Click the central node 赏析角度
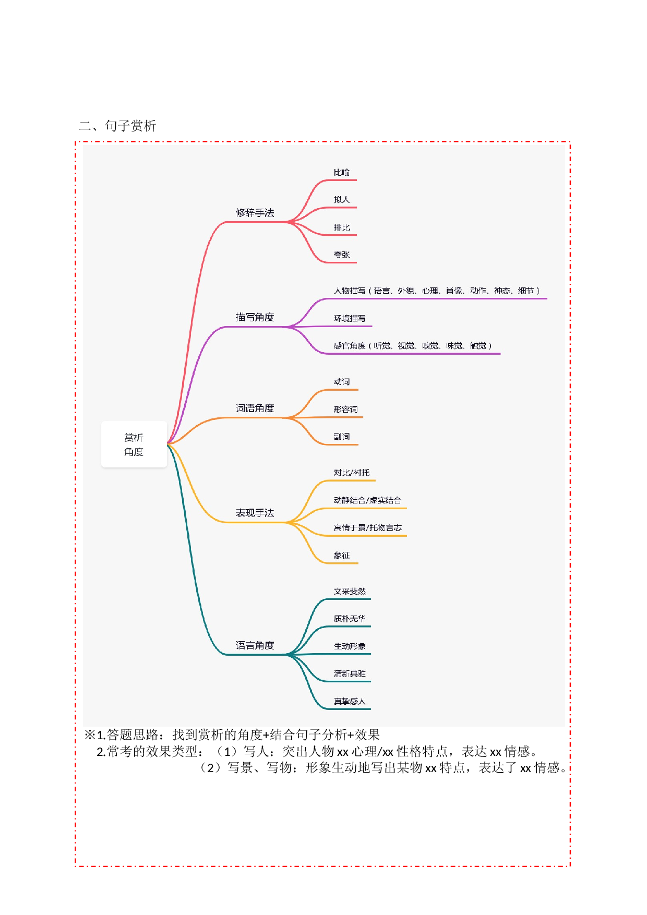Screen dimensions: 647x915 [x=134, y=444]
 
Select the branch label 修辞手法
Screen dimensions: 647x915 [x=255, y=213]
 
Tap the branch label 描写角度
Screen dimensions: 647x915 [x=255, y=317]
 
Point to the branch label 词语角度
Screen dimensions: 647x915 [x=255, y=408]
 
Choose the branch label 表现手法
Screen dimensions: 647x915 [x=255, y=513]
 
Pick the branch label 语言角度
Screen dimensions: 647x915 [x=255, y=646]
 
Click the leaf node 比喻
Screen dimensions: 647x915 [x=342, y=173]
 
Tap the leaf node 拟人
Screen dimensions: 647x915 [x=342, y=200]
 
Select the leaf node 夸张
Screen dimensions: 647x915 [x=342, y=255]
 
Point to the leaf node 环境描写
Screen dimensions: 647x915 [x=350, y=319]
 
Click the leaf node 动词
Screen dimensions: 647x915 [x=342, y=382]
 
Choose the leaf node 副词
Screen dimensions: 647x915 [x=342, y=437]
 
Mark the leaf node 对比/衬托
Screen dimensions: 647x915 [x=352, y=473]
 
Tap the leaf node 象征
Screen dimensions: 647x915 [x=342, y=556]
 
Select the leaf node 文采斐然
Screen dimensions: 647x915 [x=350, y=592]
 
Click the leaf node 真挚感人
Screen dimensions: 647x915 [x=350, y=702]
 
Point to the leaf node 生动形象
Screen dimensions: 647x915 [x=350, y=646]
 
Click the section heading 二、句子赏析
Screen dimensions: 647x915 [x=117, y=126]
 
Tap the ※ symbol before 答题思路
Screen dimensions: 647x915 [x=90, y=735]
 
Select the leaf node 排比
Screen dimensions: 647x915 [x=342, y=227]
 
